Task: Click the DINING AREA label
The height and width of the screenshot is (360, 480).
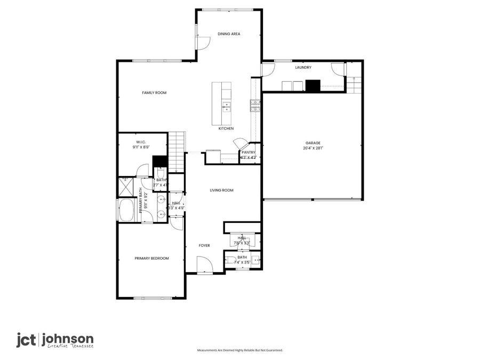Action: tap(229, 34)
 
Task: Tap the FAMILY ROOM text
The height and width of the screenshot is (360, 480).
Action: tap(154, 93)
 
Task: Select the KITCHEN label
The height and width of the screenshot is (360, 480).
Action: tap(226, 129)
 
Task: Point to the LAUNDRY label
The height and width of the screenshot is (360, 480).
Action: tap(303, 68)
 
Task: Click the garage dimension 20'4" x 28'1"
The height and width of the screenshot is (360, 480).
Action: tap(313, 148)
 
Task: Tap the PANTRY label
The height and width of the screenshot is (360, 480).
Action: tap(249, 152)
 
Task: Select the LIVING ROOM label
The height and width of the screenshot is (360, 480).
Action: tap(221, 190)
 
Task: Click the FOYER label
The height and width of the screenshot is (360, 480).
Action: tap(204, 245)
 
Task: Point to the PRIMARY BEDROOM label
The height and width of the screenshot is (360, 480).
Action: tap(151, 258)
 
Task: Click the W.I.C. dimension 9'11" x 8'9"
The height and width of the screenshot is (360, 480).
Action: tap(141, 147)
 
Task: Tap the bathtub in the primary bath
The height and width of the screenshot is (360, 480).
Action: tap(127, 211)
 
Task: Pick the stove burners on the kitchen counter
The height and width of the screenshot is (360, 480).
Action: tap(255, 106)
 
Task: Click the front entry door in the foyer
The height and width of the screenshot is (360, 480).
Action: tap(204, 265)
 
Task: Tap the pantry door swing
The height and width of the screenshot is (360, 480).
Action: tap(241, 143)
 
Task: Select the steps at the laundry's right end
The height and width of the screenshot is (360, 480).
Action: tap(354, 84)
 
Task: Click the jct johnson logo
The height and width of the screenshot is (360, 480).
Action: tap(55, 340)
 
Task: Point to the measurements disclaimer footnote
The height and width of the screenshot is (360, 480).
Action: tap(240, 350)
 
